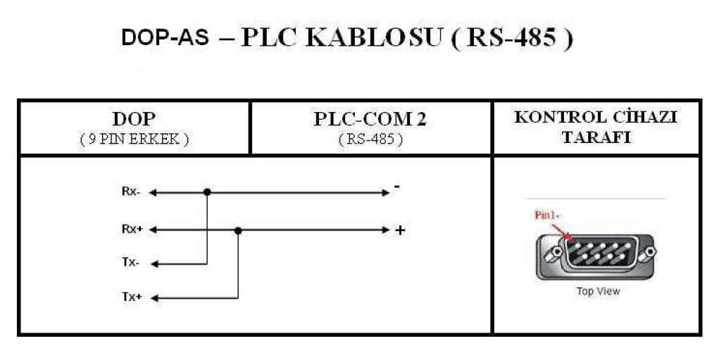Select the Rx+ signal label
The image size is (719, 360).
click(x=132, y=230)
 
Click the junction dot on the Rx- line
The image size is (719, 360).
click(x=207, y=192)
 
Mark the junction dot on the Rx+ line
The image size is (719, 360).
click(x=239, y=230)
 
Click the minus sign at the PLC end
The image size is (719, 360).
click(x=397, y=187)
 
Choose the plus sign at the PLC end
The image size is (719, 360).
click(x=400, y=230)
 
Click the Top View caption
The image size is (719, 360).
click(x=598, y=291)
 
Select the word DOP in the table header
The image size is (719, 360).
click(x=134, y=120)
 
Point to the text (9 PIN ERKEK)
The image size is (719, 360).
click(x=134, y=139)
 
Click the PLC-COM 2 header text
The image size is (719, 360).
click(x=370, y=120)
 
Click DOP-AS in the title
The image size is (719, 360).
click(x=165, y=37)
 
